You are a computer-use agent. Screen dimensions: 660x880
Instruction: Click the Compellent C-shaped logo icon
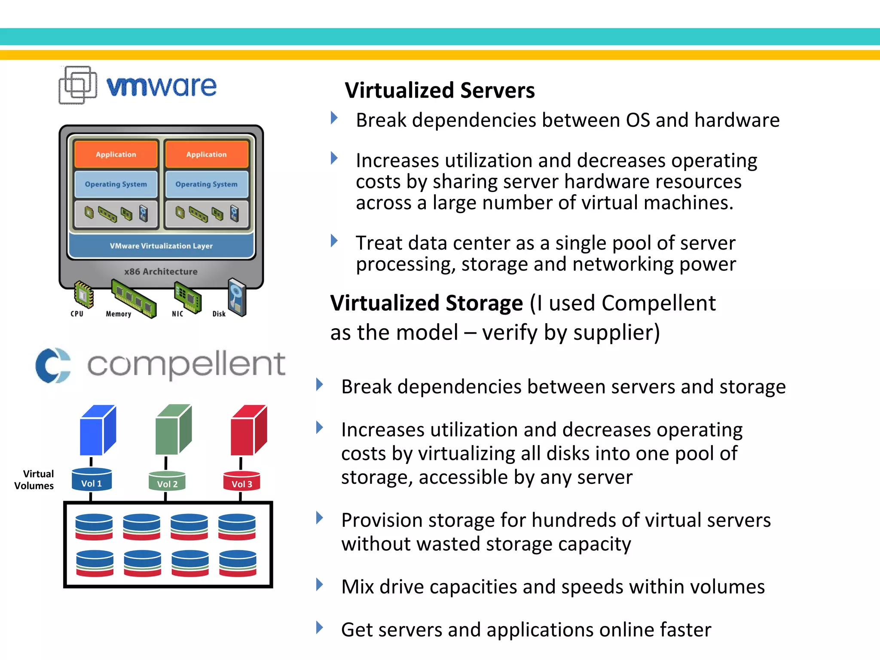pyautogui.click(x=53, y=365)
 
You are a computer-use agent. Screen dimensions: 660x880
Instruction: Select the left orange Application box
pyautogui.click(x=116, y=154)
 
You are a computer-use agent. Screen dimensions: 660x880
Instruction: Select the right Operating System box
pyautogui.click(x=206, y=184)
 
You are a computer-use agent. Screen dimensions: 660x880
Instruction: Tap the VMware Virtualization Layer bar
pyautogui.click(x=161, y=246)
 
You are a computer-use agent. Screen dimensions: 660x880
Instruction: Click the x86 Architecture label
pyautogui.click(x=161, y=272)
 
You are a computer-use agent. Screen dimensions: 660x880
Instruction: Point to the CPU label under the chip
pyautogui.click(x=77, y=314)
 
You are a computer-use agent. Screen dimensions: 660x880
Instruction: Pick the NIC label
pyautogui.click(x=177, y=314)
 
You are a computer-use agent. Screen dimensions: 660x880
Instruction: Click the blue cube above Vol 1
pyautogui.click(x=98, y=430)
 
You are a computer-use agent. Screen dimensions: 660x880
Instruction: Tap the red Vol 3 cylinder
pyautogui.click(x=241, y=481)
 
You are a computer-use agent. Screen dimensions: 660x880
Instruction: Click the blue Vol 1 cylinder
pyautogui.click(x=92, y=480)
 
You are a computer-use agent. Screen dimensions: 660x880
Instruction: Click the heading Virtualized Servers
pyautogui.click(x=440, y=90)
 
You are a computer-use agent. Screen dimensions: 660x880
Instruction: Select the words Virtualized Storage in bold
pyautogui.click(x=426, y=303)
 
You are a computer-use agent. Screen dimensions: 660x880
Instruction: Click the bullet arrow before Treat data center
pyautogui.click(x=334, y=241)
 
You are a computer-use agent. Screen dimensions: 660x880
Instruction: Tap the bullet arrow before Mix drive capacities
pyautogui.click(x=319, y=584)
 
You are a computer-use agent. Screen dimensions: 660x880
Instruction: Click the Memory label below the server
pyautogui.click(x=118, y=314)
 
